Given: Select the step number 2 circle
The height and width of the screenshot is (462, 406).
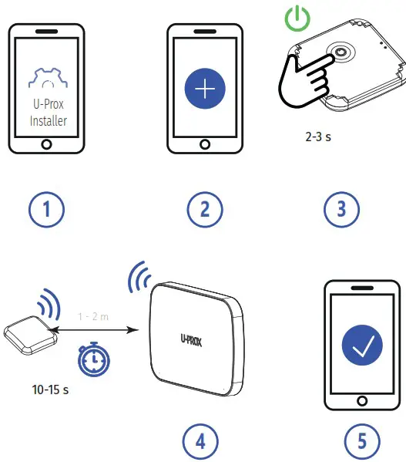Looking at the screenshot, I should tap(205, 209).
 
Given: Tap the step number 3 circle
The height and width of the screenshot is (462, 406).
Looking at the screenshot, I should tap(341, 209).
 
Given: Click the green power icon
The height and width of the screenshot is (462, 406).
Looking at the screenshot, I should tap(295, 18).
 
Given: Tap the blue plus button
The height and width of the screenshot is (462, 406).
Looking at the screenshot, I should tap(205, 89).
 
